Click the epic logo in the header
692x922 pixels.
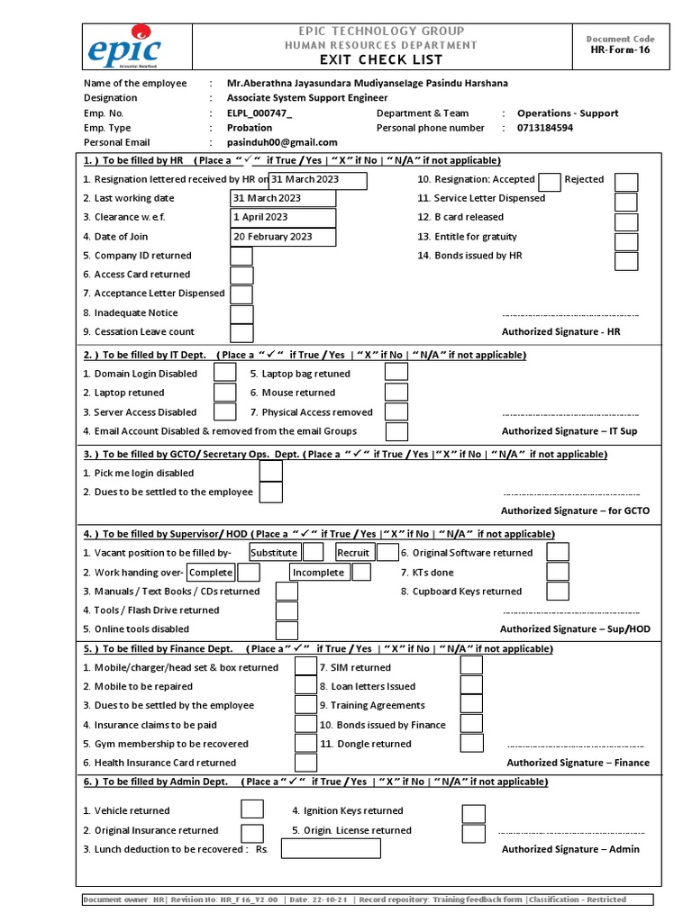pyautogui.click(x=123, y=47)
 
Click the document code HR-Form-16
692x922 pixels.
pyautogui.click(x=619, y=50)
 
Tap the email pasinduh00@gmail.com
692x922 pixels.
pyautogui.click(x=282, y=142)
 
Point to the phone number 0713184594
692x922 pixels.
pyautogui.click(x=544, y=128)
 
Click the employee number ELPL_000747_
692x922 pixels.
pyautogui.click(x=259, y=113)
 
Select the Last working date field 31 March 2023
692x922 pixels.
pyautogui.click(x=283, y=198)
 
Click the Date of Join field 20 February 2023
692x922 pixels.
pyautogui.click(x=283, y=237)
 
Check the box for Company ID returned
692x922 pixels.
pyautogui.click(x=241, y=256)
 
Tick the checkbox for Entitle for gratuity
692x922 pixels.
pyautogui.click(x=626, y=241)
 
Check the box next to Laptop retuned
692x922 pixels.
pyautogui.click(x=224, y=393)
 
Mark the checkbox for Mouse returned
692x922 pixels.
pyautogui.click(x=396, y=393)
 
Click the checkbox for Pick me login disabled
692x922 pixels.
pyautogui.click(x=270, y=473)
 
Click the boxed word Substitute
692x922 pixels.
pyautogui.click(x=274, y=553)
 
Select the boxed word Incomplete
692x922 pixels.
pyautogui.click(x=318, y=573)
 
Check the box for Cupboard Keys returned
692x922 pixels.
pyautogui.click(x=558, y=592)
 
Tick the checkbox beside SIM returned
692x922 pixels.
pyautogui.click(x=471, y=665)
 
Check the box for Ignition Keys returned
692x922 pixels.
pyautogui.click(x=473, y=813)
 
